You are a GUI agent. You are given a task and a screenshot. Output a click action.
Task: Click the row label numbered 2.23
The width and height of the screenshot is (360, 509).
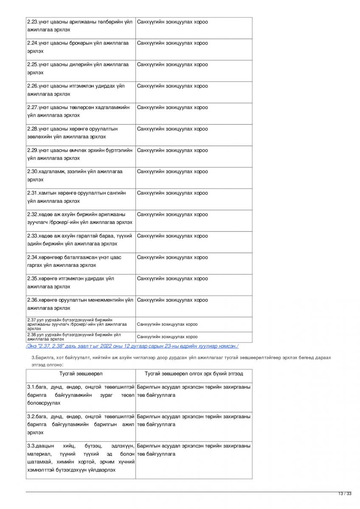point(80,26)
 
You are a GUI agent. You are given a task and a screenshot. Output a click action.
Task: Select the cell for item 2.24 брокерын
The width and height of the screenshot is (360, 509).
point(80,47)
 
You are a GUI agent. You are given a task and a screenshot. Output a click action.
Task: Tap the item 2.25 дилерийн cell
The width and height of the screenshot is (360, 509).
point(80,69)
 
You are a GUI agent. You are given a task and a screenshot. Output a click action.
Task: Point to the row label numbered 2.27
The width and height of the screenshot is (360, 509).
point(80,112)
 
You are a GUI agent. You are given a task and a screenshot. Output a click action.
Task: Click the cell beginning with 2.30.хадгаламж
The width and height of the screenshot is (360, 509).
point(80,176)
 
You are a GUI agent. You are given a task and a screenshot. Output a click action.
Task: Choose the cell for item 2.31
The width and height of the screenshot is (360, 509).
point(80,197)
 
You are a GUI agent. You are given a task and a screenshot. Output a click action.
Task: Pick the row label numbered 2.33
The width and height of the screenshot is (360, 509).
point(80,240)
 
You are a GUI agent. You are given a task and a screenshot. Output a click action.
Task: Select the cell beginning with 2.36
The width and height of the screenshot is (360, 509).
point(80,304)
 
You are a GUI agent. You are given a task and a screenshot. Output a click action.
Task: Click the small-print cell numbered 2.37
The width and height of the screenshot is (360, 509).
point(80,324)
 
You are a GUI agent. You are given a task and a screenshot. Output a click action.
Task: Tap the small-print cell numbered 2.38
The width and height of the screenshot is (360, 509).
point(80,337)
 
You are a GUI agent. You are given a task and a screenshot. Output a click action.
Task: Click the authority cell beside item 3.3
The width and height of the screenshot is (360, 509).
point(194,450)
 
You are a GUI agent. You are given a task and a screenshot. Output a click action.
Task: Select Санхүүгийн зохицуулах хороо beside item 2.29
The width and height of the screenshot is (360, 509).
point(172,150)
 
